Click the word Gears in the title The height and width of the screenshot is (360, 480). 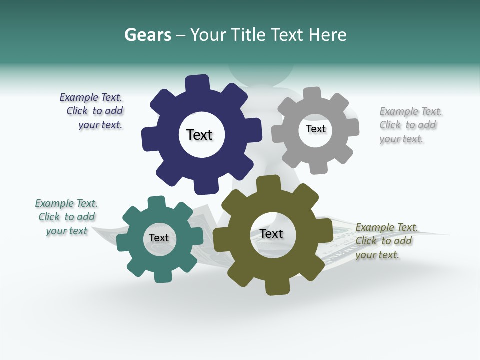coord(147,35)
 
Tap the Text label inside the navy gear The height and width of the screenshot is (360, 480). coord(199,135)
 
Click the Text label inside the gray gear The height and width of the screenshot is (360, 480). coord(315,129)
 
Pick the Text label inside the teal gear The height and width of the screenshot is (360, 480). coord(159,238)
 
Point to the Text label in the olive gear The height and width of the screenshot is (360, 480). coord(271,233)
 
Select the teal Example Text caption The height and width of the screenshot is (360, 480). coord(66,217)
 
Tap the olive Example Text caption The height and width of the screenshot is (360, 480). coord(386,241)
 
